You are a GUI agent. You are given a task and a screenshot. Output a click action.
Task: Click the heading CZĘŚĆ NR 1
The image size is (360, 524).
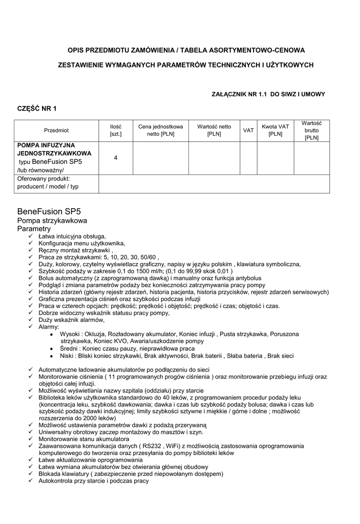(x=37, y=108)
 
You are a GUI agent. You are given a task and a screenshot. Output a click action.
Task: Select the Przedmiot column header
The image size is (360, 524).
(x=56, y=130)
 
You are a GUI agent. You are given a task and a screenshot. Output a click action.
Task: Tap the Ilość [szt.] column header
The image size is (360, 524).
(x=116, y=130)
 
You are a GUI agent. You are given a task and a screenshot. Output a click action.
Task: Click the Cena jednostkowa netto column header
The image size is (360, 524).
(x=160, y=130)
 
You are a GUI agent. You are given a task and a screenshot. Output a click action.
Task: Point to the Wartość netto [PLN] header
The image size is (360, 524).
(x=214, y=130)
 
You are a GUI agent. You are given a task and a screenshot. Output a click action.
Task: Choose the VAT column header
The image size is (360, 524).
(x=248, y=130)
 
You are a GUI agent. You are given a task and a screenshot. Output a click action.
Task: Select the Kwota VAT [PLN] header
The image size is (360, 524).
(x=276, y=130)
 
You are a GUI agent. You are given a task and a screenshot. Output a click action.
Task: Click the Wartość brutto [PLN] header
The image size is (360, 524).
(x=311, y=130)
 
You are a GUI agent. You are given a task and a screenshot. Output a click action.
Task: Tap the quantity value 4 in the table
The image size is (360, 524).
(x=116, y=158)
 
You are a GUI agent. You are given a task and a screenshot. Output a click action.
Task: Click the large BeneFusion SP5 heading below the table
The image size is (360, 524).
(x=49, y=211)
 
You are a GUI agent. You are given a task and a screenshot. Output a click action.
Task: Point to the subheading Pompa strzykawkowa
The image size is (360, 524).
(x=52, y=221)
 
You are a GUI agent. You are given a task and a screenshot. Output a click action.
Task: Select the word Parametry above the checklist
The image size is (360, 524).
(x=34, y=229)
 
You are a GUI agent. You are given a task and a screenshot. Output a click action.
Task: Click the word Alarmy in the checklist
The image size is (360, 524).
(x=49, y=326)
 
